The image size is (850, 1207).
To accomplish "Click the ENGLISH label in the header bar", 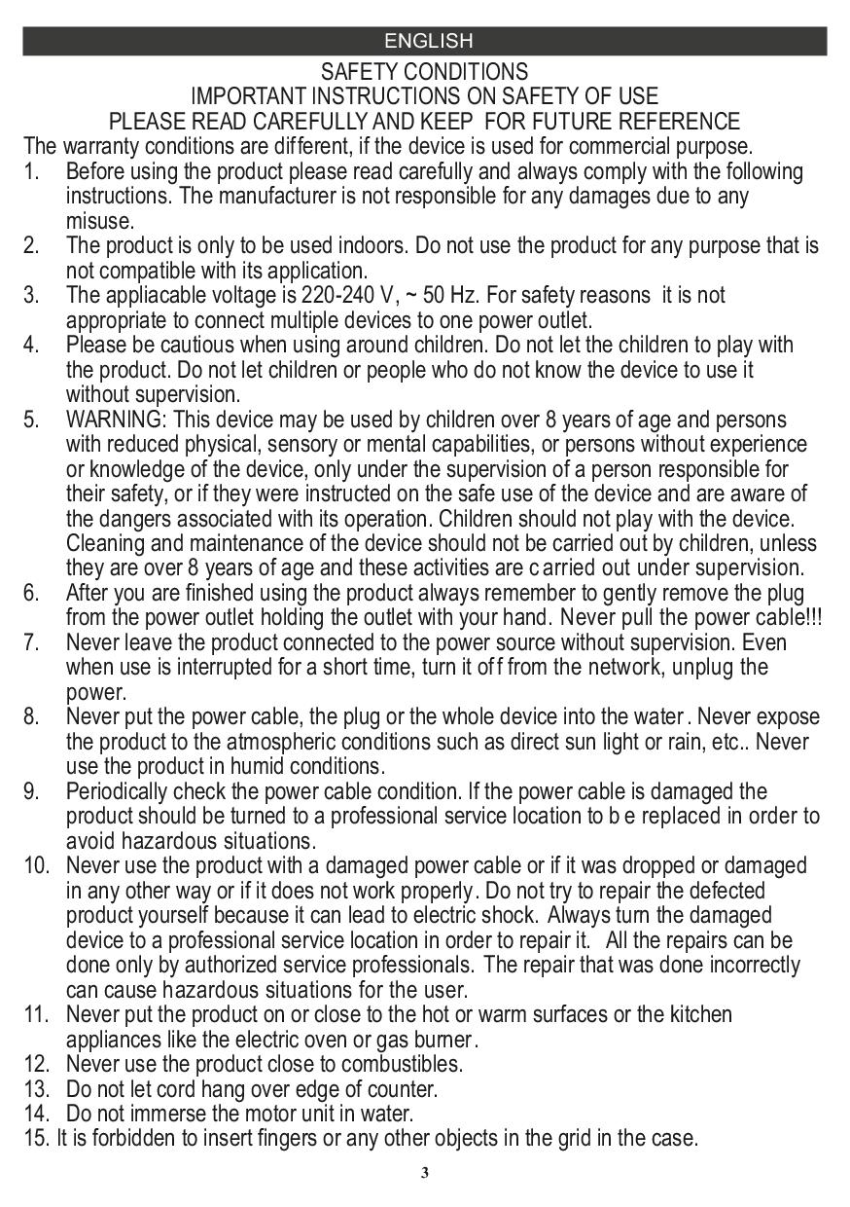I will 428,41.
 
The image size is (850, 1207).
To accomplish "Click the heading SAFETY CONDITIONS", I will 425,72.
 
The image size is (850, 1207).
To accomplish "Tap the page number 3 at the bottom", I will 424,1172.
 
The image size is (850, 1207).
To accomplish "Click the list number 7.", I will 31,642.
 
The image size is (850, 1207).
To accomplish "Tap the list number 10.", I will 35,865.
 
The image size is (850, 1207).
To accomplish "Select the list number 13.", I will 35,1089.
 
